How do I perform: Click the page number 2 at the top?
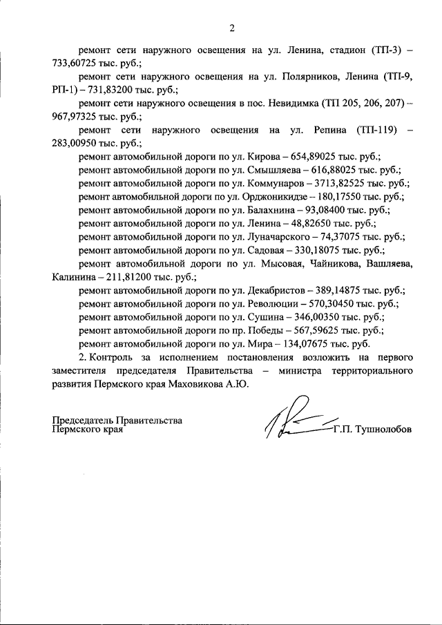(232, 28)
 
